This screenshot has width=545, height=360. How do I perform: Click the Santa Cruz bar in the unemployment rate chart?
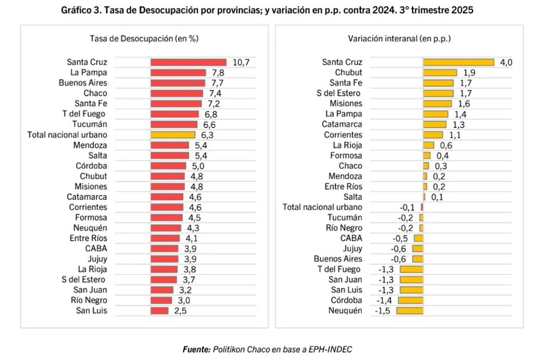188,62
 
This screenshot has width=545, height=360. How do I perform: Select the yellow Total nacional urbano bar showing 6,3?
173,135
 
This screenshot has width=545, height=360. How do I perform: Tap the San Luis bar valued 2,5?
160,310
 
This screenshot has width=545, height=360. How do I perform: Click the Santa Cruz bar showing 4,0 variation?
458,62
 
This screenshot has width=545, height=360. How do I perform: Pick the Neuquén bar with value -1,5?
410,310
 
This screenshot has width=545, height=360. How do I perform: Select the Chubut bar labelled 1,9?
440,72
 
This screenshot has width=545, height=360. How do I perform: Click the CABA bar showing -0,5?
419,238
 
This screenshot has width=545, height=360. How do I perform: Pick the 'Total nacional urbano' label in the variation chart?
322,207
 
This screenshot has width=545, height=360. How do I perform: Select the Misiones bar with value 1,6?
438,103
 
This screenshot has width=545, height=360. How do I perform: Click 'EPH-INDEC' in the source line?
337,349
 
